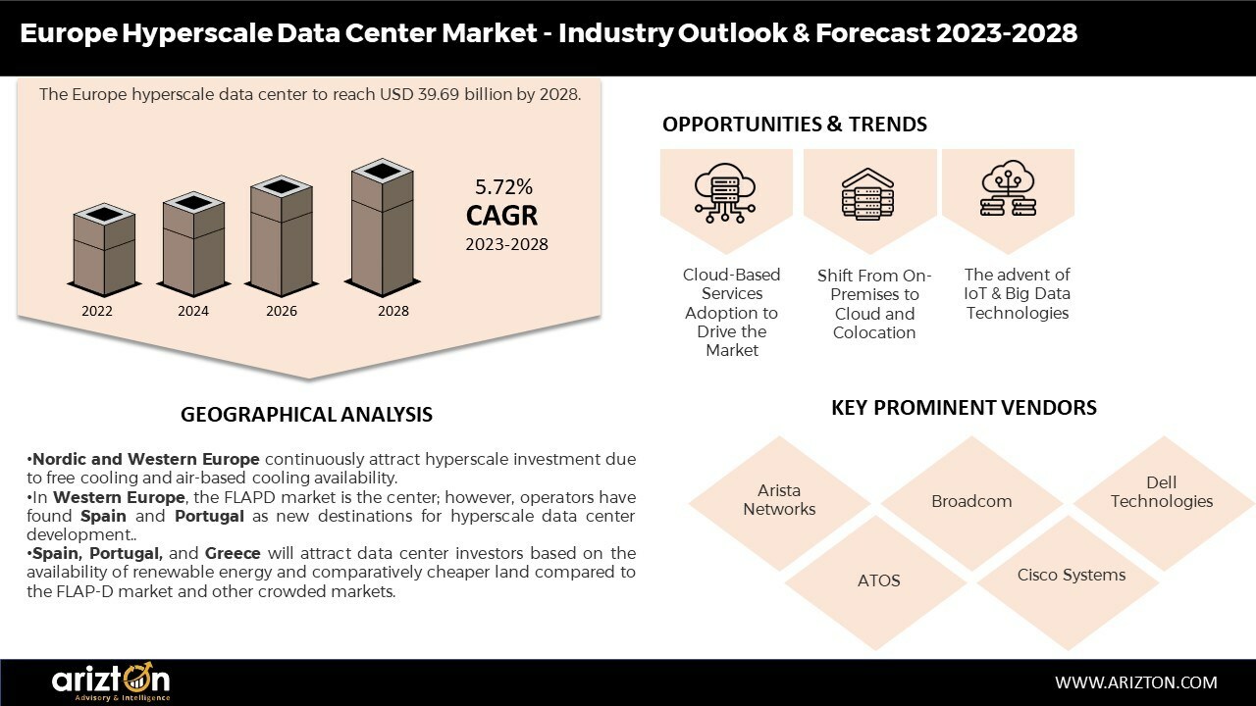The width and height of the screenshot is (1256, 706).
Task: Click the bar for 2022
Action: coord(104,250)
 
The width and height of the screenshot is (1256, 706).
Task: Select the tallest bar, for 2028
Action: coord(383,227)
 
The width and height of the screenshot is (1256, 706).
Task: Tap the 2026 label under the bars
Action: coord(282,311)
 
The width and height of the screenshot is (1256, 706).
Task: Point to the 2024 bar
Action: coord(193,244)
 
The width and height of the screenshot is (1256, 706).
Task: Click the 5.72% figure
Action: coord(503,186)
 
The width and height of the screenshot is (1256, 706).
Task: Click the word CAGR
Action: coord(501,215)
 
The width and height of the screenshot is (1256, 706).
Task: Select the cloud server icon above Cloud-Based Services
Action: coord(725,193)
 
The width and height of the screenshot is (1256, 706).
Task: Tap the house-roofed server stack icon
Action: coord(868,194)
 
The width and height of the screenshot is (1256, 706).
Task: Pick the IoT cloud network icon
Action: coord(1008,188)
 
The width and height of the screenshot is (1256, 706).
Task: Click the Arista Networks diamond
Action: coord(779,503)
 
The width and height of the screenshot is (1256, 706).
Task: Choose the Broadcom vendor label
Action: coord(971,501)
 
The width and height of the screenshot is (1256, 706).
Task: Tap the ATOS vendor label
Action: coord(878,580)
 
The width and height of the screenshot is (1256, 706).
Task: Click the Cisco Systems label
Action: coord(1071,575)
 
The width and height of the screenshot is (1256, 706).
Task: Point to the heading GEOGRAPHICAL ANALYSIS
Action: coord(307,415)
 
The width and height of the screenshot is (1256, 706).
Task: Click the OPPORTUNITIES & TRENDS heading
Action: coord(795,125)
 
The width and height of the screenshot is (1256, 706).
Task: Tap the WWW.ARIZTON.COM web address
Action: coord(1136,682)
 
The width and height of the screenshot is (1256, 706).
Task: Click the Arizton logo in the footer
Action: coord(111,681)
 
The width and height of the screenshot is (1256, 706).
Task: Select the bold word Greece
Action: coord(233,554)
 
